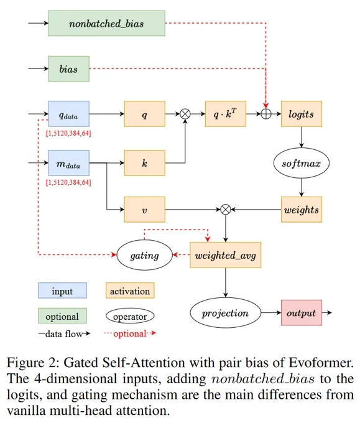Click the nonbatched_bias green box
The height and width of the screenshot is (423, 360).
tap(106, 23)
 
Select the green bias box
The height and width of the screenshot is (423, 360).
tap(69, 69)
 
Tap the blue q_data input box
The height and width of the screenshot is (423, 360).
tap(69, 114)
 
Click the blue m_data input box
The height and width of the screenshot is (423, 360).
tap(69, 163)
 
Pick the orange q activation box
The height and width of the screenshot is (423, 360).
tap(144, 114)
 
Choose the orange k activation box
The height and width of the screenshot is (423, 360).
tap(144, 163)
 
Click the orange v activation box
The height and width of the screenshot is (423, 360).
tap(144, 210)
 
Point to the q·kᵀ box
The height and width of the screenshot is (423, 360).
tap(226, 114)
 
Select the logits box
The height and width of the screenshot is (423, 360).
tap(302, 114)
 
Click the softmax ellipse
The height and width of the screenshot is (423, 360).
tap(302, 163)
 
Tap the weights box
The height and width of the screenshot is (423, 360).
tap(302, 210)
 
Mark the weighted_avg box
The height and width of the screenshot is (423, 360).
tap(226, 255)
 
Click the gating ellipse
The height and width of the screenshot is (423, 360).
tap(144, 255)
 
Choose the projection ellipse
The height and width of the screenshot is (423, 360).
tap(226, 313)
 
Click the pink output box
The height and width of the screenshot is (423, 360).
tap(302, 313)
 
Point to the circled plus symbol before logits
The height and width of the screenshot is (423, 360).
tap(266, 114)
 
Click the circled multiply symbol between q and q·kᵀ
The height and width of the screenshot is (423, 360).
tap(185, 114)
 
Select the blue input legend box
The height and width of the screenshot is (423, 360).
tap(62, 291)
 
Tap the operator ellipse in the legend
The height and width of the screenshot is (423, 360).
tap(130, 316)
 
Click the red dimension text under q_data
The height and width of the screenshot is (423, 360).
tap(68, 133)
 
